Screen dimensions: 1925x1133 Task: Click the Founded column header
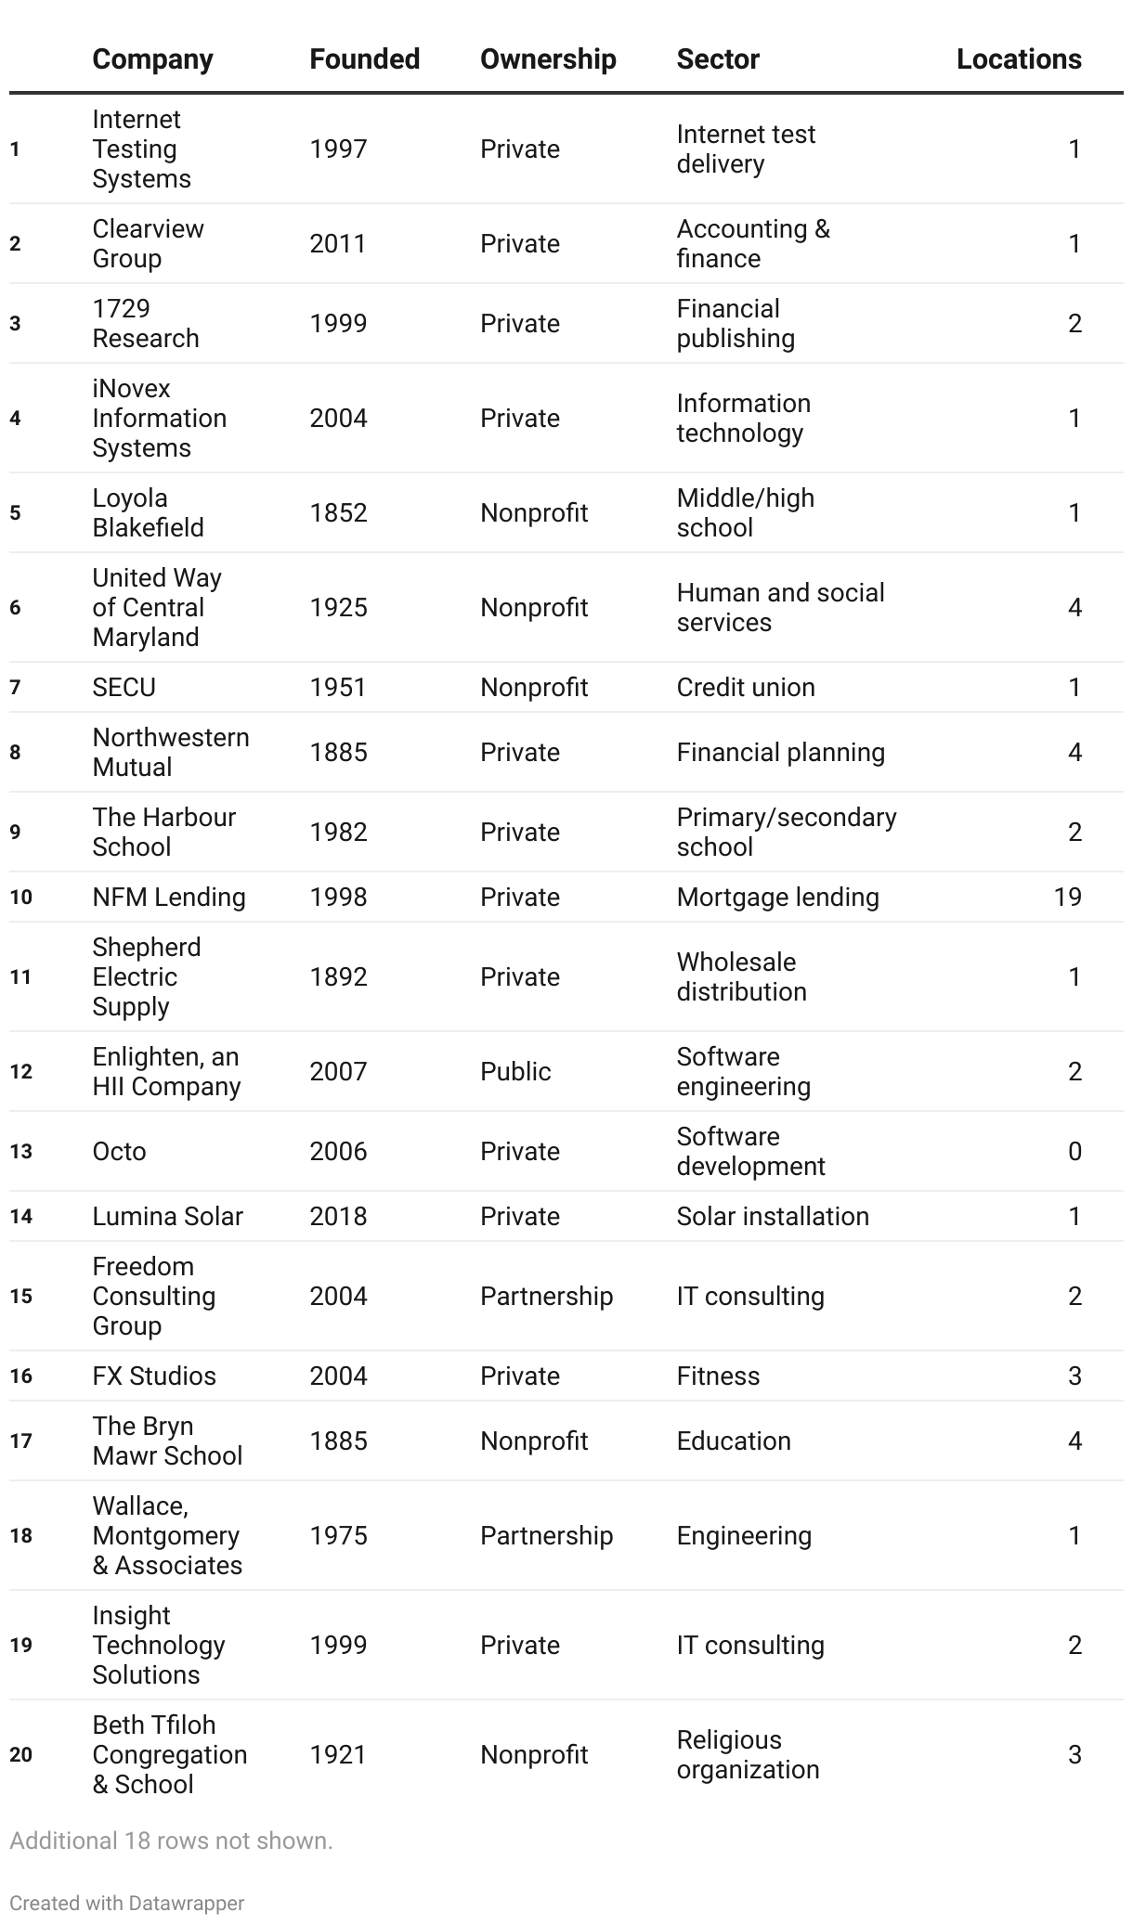click(x=364, y=59)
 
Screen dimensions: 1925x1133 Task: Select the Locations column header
click(x=1019, y=59)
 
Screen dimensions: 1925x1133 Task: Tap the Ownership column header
click(x=548, y=59)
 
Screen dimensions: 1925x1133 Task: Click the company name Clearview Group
click(x=148, y=243)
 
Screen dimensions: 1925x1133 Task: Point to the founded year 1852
click(x=338, y=512)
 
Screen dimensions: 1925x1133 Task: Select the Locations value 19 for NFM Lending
click(x=1067, y=897)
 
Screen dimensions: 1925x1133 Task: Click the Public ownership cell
click(x=515, y=1071)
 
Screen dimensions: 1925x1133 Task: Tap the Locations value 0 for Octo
click(x=1074, y=1151)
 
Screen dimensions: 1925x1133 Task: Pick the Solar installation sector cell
click(x=773, y=1216)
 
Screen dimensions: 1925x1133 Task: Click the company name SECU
click(x=124, y=687)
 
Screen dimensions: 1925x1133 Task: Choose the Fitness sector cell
click(x=718, y=1376)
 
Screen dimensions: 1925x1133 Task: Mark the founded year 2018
click(x=338, y=1216)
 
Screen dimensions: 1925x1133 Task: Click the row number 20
click(x=20, y=1754)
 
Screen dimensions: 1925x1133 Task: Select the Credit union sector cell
click(x=746, y=687)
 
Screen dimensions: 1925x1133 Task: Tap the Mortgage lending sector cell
click(x=777, y=897)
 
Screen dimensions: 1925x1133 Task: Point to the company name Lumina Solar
click(x=167, y=1216)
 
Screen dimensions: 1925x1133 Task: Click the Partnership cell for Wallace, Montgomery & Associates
click(x=546, y=1535)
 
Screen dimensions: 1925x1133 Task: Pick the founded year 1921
click(x=338, y=1754)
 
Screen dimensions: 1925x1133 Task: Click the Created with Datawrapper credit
click(x=127, y=1903)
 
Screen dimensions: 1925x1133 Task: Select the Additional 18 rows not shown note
click(x=171, y=1841)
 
